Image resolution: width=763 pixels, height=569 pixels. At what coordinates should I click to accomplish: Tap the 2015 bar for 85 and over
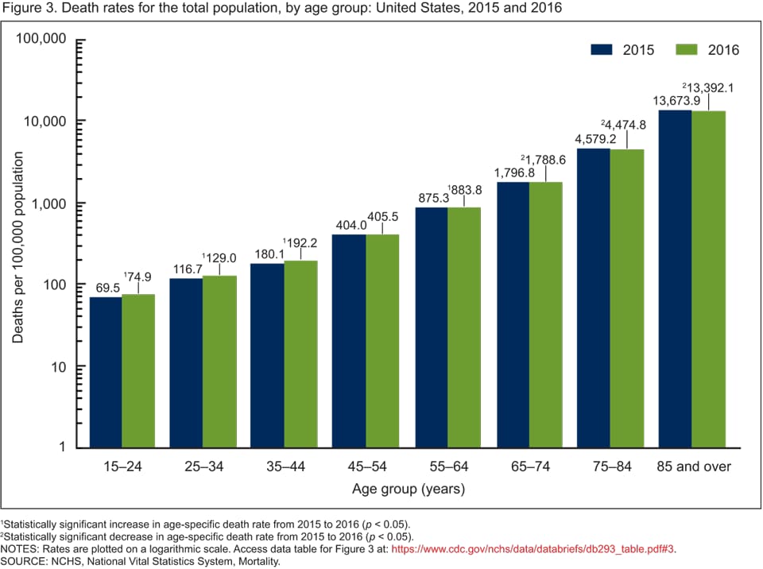[675, 278]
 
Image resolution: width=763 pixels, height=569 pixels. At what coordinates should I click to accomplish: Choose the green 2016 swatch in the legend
[687, 50]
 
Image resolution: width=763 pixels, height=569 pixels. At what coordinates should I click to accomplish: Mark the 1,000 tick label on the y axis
[49, 203]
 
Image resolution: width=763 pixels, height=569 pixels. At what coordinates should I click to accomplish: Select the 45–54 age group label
[366, 466]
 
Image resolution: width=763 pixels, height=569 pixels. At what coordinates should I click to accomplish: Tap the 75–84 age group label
[610, 466]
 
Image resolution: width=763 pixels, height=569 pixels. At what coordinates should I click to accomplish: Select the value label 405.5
[382, 215]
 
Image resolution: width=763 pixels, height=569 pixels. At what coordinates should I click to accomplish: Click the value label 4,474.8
[627, 125]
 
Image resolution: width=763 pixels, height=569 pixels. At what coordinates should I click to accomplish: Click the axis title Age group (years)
[409, 489]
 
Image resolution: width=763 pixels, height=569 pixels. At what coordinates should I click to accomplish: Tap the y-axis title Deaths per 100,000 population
[17, 247]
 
